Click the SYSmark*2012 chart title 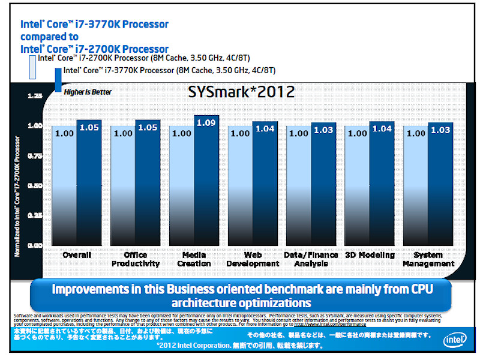(x=242, y=92)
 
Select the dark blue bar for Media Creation (x=206, y=180)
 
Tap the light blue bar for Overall (x=65, y=186)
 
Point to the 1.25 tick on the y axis (x=35, y=96)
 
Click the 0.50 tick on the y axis (x=35, y=185)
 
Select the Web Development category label (x=253, y=259)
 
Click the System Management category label (x=428, y=259)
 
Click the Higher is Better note (x=88, y=92)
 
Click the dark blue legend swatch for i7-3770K (x=58, y=80)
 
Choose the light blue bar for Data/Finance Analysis (x=299, y=186)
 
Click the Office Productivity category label (x=135, y=259)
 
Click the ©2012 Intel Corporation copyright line (x=240, y=346)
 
